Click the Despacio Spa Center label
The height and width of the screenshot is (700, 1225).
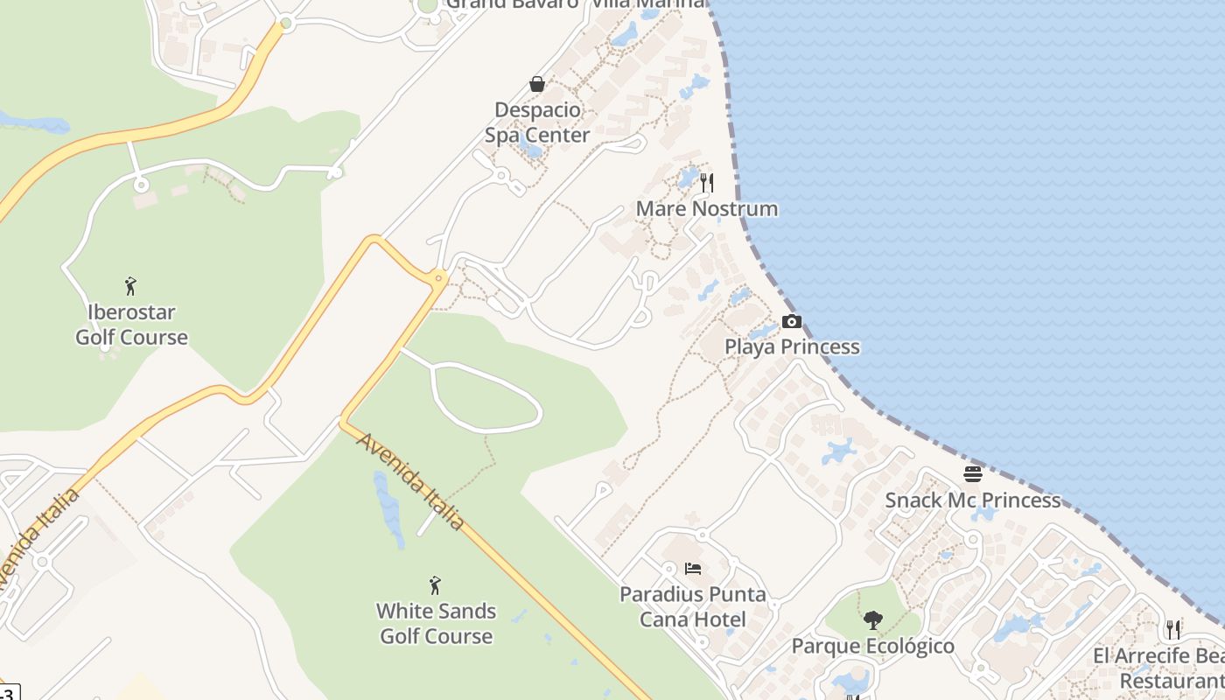[x=537, y=122]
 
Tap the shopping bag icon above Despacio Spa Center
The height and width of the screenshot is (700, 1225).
[x=537, y=84]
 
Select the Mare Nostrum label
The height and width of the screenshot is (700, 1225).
[x=707, y=209]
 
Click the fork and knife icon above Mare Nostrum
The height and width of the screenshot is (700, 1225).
[x=707, y=183]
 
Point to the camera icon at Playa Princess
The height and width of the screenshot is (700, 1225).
[x=791, y=322]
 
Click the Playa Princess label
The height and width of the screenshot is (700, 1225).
[x=792, y=347]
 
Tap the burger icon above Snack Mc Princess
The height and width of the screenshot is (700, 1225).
[x=973, y=474]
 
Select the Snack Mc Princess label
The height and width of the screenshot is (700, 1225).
[x=973, y=500]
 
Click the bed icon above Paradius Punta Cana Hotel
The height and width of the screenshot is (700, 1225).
[x=693, y=569]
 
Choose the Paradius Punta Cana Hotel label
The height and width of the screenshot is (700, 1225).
[x=693, y=607]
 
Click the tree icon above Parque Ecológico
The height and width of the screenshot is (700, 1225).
[x=872, y=620]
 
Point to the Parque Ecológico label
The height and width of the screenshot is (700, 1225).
[x=872, y=647]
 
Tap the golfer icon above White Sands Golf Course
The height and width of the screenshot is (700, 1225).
[x=435, y=585]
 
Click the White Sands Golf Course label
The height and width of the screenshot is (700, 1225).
[x=436, y=624]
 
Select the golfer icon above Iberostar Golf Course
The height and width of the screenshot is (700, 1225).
[x=131, y=286]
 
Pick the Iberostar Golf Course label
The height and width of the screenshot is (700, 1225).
[x=131, y=325]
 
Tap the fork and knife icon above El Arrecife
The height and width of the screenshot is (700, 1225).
[x=1173, y=629]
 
